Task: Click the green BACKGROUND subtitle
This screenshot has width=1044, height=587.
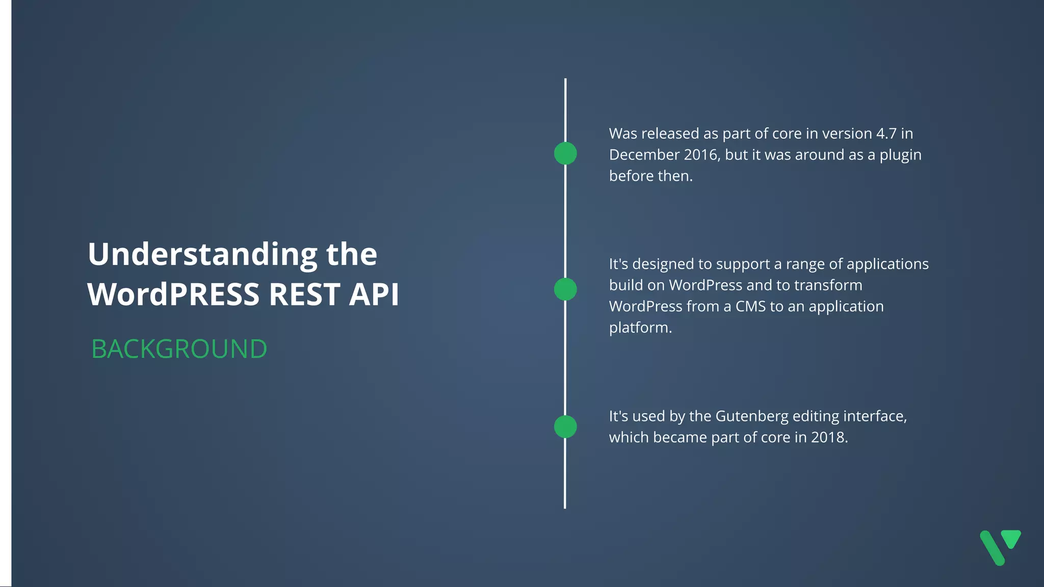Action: click(179, 349)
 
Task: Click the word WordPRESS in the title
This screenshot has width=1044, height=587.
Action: click(173, 295)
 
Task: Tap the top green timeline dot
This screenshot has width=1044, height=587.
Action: click(565, 153)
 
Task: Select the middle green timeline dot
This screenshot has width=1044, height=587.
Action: click(565, 289)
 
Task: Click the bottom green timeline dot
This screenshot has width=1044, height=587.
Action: click(565, 426)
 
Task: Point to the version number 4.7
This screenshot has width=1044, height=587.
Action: click(886, 134)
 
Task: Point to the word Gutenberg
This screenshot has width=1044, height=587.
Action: click(752, 416)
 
